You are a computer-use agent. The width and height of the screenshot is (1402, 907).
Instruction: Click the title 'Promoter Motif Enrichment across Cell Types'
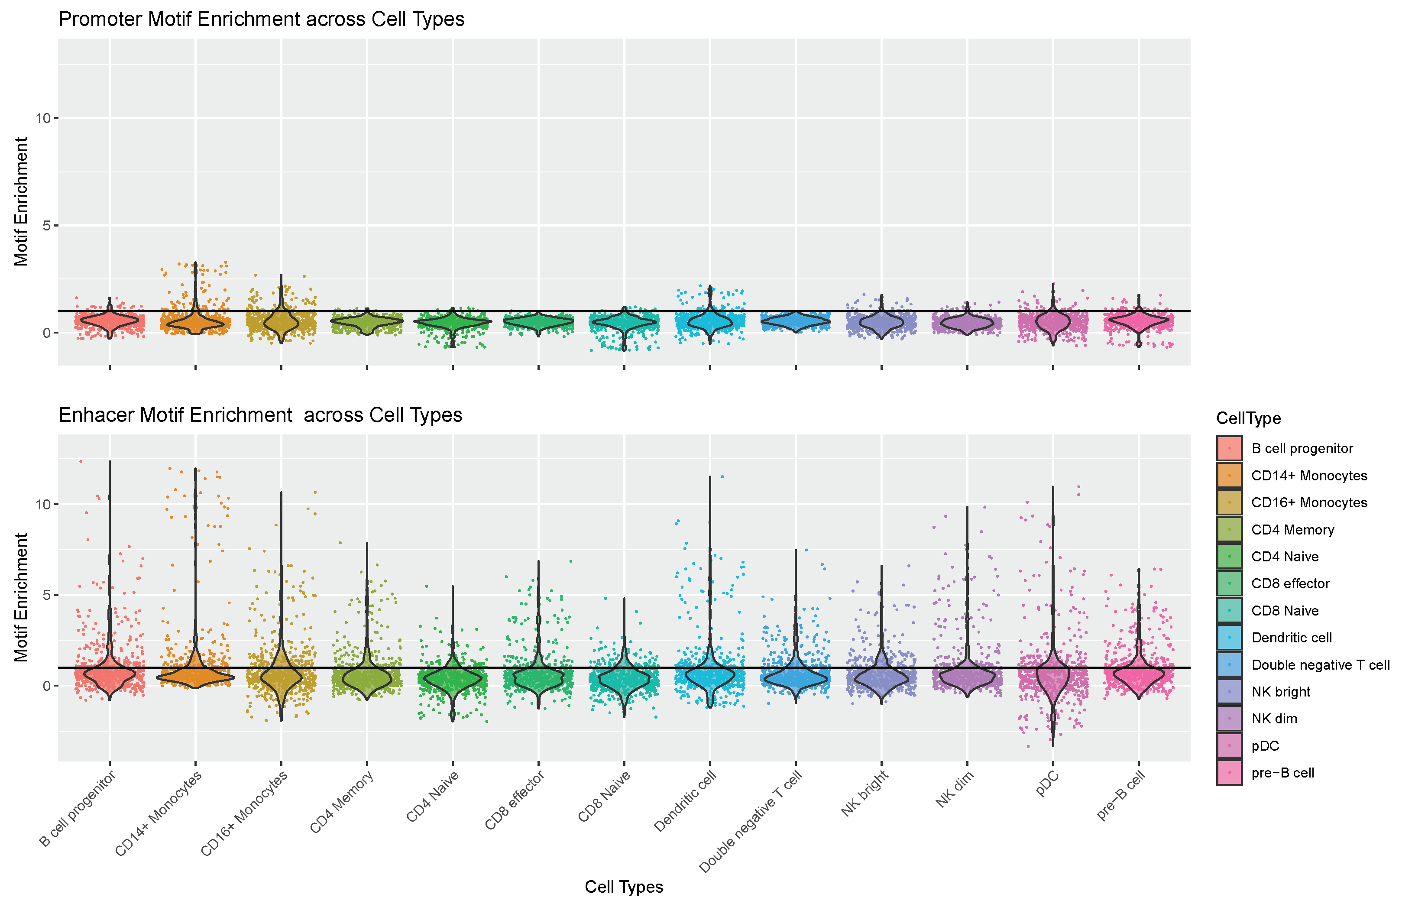point(262,19)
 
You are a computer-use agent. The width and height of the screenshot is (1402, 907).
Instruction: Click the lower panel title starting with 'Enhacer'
point(260,415)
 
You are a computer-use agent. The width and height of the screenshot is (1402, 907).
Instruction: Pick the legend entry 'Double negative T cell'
point(1320,665)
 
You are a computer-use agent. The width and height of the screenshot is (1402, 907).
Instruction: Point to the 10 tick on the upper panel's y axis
point(43,118)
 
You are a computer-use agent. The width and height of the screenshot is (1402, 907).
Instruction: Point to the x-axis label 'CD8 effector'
point(515,800)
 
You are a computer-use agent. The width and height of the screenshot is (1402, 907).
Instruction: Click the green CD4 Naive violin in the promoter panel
point(452,321)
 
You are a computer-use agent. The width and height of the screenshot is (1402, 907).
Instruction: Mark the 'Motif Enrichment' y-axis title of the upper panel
point(21,201)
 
